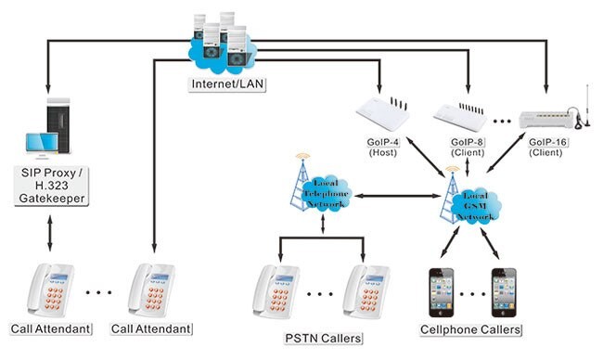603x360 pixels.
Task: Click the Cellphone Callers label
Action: [472, 329]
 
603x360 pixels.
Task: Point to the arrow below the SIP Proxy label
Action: [47, 236]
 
